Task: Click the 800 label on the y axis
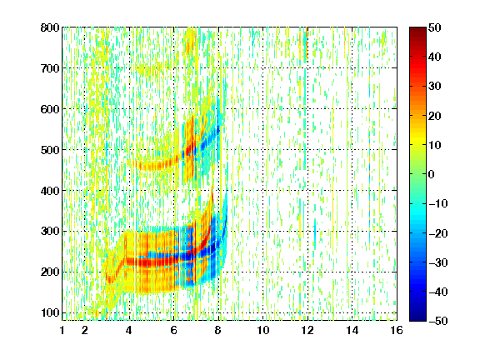(50, 27)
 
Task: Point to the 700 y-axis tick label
(50, 68)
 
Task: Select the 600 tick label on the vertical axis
(50, 109)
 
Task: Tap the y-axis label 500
(50, 150)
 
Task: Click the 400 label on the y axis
(50, 191)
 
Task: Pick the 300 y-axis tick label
(50, 232)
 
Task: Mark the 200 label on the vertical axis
(50, 272)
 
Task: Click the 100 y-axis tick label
(50, 312)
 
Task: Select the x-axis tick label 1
(62, 330)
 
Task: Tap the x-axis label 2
(85, 330)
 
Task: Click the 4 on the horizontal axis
(129, 330)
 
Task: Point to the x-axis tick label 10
(263, 330)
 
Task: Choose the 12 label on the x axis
(307, 330)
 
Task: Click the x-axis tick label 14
(352, 330)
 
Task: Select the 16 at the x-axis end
(397, 330)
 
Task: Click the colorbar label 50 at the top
(434, 27)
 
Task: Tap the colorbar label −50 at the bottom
(437, 321)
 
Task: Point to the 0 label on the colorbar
(432, 174)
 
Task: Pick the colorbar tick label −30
(437, 262)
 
